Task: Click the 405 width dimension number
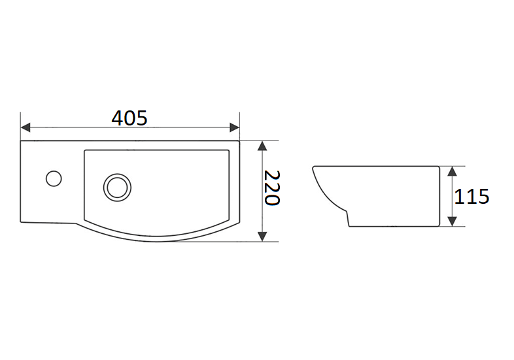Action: point(129,118)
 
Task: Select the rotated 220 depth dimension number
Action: point(271,189)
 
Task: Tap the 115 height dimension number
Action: point(471,196)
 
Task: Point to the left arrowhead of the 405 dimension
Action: point(26,127)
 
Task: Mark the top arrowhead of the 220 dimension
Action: point(262,146)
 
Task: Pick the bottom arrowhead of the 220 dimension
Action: point(262,236)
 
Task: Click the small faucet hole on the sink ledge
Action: point(53,177)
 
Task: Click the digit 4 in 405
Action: point(118,118)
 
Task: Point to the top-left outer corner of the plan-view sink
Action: point(22,141)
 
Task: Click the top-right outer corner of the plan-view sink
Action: point(239,141)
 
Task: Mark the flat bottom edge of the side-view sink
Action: point(392,227)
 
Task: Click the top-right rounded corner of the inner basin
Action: point(228,152)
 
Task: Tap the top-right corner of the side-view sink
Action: point(438,166)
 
